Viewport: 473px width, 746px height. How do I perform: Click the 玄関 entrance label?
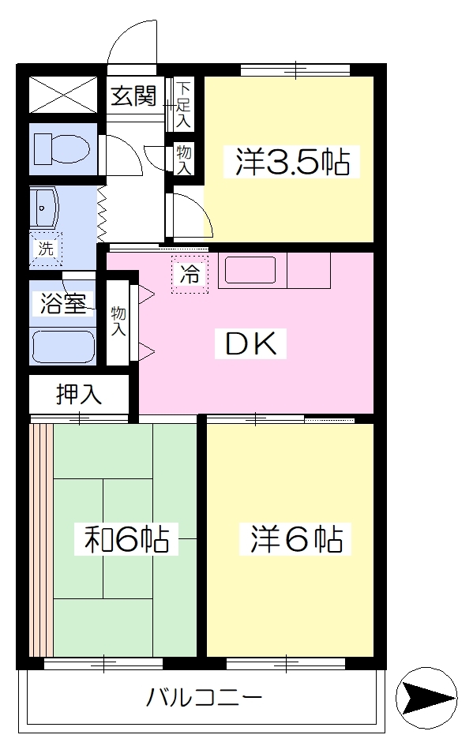[x=133, y=96]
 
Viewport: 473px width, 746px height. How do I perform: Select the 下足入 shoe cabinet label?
[x=183, y=104]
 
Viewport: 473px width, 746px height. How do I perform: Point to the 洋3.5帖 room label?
[x=293, y=162]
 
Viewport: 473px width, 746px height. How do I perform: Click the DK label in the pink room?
[x=251, y=343]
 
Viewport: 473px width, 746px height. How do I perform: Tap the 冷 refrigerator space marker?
[x=190, y=275]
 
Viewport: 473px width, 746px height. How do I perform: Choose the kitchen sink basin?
[x=251, y=270]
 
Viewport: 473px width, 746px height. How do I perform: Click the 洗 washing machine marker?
[x=46, y=249]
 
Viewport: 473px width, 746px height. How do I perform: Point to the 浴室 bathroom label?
[x=63, y=304]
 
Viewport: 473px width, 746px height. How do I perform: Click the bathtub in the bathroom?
[x=63, y=347]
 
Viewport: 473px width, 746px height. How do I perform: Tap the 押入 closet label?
[x=78, y=394]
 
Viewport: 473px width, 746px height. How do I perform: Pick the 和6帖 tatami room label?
[x=126, y=539]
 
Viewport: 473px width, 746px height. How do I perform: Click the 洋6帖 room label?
[x=295, y=539]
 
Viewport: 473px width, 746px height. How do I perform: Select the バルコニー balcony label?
[x=204, y=698]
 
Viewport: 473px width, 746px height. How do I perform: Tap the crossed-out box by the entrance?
[x=63, y=96]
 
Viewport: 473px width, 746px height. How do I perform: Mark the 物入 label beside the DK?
[x=118, y=321]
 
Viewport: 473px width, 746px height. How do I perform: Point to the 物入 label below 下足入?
[x=184, y=159]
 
